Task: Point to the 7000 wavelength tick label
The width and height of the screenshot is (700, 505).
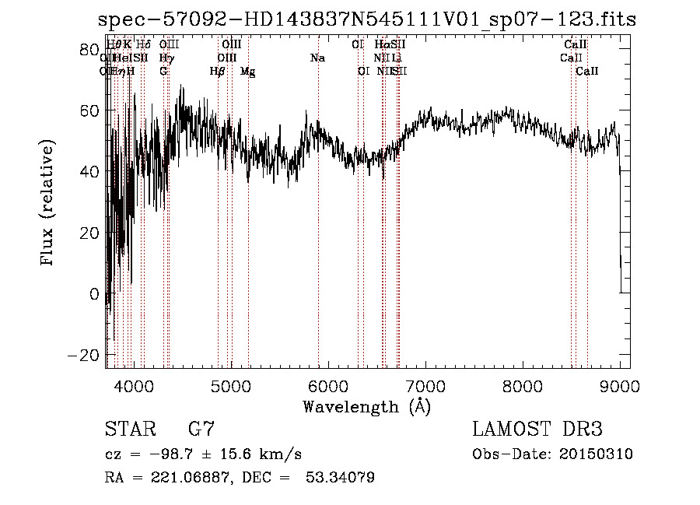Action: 425,386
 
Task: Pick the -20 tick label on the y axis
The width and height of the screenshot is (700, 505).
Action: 79,356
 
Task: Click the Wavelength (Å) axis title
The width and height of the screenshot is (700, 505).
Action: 366,406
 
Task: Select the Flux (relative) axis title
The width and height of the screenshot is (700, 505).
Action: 48,203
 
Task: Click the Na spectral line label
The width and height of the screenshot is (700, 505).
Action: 317,58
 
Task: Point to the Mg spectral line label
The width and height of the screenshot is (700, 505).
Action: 247,72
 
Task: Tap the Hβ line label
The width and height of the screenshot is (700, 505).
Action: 217,72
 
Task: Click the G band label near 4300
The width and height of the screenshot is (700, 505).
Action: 163,72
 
